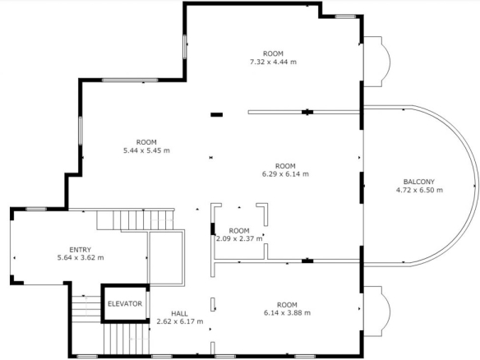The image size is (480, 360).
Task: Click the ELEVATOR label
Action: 125,303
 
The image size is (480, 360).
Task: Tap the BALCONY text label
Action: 419,182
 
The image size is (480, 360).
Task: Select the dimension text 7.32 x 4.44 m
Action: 273,62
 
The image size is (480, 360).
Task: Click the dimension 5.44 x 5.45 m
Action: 146,150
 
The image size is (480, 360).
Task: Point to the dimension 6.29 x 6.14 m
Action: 285,174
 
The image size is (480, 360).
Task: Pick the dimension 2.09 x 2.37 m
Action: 239,238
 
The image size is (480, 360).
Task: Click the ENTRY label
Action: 81,250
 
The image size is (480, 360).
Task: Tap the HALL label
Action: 179,314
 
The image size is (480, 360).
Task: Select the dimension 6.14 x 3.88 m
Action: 287,313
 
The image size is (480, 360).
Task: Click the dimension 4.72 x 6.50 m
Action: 419,190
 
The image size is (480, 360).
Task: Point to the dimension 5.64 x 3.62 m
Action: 81,258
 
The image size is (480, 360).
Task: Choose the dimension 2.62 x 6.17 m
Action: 180,321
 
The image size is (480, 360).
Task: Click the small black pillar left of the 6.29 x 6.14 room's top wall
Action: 216,115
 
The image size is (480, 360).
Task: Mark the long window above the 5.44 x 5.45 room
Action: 130,81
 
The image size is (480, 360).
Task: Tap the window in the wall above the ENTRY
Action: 36,209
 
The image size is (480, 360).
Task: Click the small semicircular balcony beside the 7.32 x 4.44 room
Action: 376,62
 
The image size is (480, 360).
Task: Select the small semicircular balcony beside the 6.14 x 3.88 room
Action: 376,312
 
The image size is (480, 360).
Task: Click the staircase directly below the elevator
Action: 126,339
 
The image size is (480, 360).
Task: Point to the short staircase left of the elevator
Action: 86,309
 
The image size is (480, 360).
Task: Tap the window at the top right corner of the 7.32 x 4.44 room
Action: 345,16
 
